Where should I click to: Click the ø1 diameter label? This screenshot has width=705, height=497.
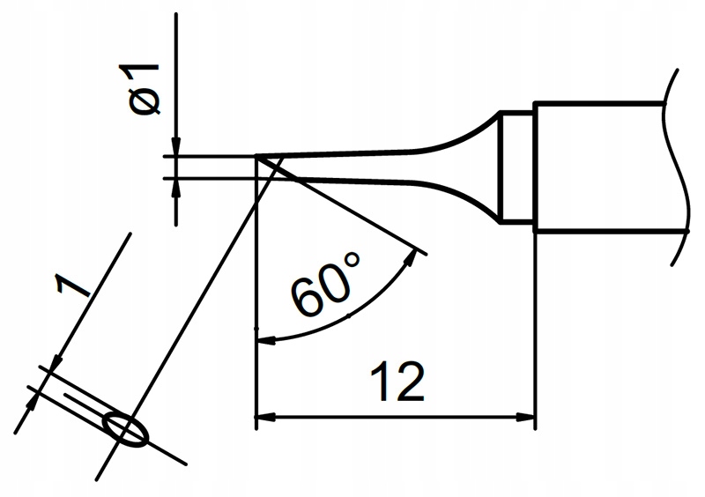tap(139, 89)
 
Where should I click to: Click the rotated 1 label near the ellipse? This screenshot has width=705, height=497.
tap(72, 286)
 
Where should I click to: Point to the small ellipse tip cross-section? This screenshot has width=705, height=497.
tap(125, 429)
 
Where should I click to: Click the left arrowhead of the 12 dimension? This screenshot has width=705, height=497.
tap(265, 417)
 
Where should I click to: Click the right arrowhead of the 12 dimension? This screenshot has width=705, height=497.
tap(525, 417)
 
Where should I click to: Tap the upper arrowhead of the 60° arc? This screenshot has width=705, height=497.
tap(410, 258)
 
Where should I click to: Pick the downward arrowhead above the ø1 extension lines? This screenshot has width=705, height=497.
tap(176, 146)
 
